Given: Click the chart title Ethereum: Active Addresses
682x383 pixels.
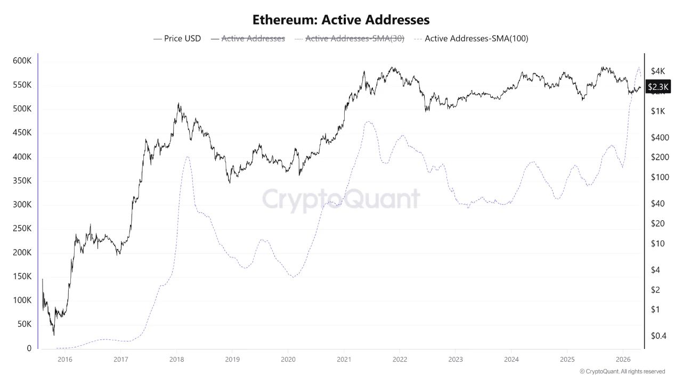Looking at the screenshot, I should coord(341,20).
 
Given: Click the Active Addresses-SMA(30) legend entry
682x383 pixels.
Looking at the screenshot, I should coord(354,38).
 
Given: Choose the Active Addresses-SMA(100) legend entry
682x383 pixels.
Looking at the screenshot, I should coord(476,38).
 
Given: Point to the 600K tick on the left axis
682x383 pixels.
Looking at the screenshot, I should coord(22,61).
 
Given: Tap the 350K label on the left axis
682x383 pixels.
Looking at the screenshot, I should coord(22,181).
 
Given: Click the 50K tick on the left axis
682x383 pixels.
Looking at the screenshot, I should coord(24,324).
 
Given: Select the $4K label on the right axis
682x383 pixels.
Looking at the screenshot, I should coord(657,71).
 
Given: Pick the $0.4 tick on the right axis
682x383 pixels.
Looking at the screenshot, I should coord(658,336).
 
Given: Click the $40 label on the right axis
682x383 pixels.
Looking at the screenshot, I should coord(657,204).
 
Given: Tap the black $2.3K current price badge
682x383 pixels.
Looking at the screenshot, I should coord(658,87).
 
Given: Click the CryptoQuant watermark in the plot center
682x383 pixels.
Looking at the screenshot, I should coord(341,199).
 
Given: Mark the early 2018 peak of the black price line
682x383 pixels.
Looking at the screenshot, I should coord(178,104).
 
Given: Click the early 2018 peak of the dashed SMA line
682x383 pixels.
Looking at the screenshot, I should coord(188,156).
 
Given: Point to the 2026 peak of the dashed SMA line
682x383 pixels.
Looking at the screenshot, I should coord(639,67).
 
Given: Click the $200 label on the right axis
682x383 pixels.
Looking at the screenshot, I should coord(659,157).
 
